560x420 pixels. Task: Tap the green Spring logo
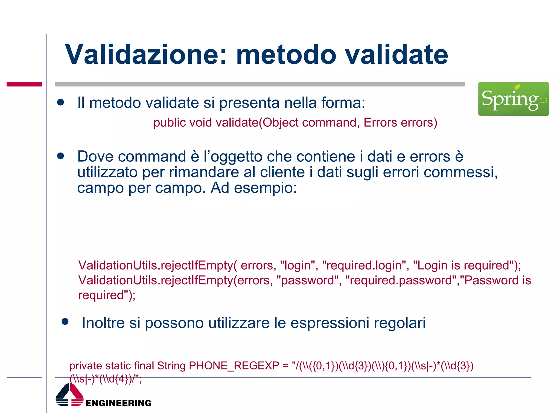coord(513,99)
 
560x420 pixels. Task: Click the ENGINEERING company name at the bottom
coord(118,403)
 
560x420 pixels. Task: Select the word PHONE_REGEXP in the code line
coord(234,366)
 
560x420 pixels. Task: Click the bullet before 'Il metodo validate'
coord(60,103)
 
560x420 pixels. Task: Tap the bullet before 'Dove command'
coord(60,156)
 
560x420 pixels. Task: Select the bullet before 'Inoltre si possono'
coord(65,322)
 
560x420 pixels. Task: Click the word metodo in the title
coord(286,54)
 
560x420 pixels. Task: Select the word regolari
coord(399,323)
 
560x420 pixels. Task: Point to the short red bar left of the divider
coord(24,84)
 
